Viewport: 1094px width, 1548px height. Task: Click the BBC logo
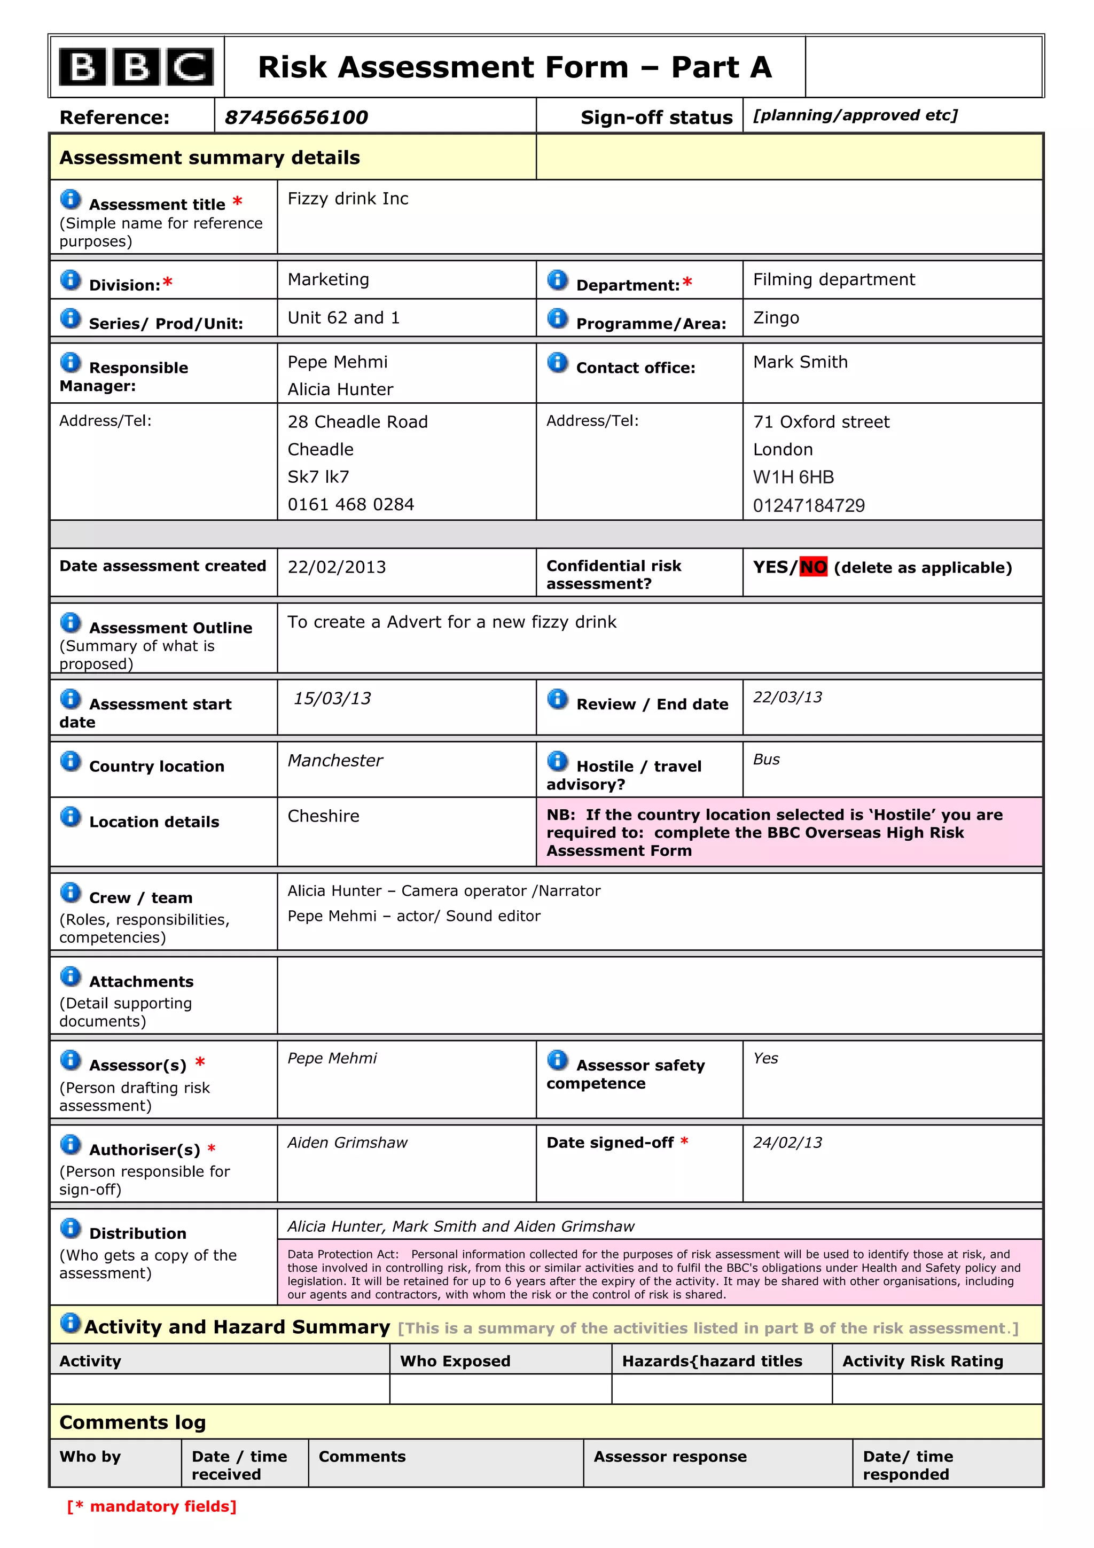click(x=136, y=67)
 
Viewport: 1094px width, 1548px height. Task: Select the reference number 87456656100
click(x=296, y=118)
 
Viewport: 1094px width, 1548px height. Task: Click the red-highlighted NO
click(x=813, y=567)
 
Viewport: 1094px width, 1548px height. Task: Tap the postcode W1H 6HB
click(x=793, y=478)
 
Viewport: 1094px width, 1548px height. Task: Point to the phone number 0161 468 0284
click(x=350, y=504)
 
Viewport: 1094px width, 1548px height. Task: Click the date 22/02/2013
click(x=337, y=567)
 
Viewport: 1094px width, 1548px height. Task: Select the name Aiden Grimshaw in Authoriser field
click(x=347, y=1142)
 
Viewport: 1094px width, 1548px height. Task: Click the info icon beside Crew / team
click(x=70, y=893)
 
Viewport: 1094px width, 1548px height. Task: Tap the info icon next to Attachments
click(x=70, y=976)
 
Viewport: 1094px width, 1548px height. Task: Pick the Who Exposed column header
click(x=455, y=1361)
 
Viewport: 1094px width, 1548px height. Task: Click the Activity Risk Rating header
click(x=922, y=1361)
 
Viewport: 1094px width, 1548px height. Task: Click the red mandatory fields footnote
click(x=152, y=1506)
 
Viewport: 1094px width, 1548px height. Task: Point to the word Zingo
click(x=776, y=317)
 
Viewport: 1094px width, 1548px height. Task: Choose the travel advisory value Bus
click(x=767, y=759)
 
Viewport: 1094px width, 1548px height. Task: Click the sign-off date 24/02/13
click(x=787, y=1142)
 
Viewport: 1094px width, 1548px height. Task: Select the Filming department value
click(x=834, y=279)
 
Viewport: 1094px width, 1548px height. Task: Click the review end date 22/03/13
click(x=787, y=697)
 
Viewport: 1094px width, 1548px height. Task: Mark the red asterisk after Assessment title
click(x=237, y=201)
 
